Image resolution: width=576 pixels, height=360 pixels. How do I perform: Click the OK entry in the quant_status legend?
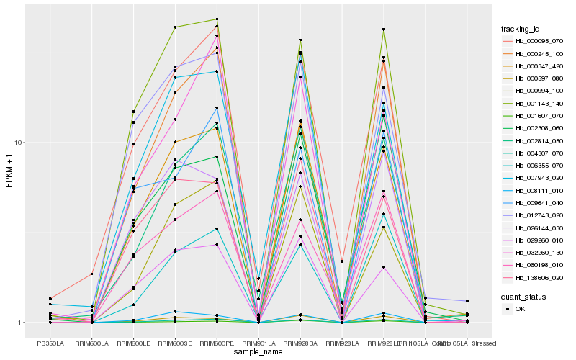coord(525,309)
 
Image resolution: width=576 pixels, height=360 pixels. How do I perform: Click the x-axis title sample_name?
coord(258,351)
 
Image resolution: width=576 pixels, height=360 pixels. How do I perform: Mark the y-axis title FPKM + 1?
coord(9,171)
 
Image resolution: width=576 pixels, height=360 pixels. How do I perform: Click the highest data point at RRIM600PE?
coord(217,19)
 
